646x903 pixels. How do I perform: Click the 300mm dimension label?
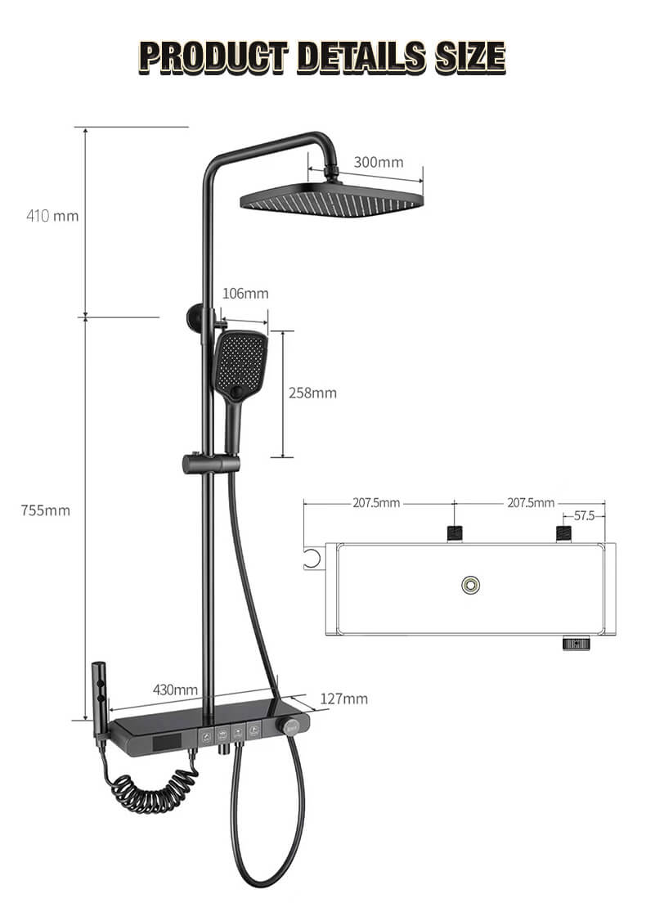click(379, 163)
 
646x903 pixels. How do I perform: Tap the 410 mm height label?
click(52, 216)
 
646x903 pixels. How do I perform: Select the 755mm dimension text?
click(46, 510)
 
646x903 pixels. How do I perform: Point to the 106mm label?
click(245, 294)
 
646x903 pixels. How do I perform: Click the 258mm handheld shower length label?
click(312, 393)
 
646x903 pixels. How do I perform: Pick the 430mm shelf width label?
click(175, 690)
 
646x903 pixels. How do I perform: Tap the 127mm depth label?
click(343, 699)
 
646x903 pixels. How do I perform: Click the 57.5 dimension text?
click(584, 515)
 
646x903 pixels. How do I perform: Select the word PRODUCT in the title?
click(213, 57)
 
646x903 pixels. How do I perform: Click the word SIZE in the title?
click(470, 57)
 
